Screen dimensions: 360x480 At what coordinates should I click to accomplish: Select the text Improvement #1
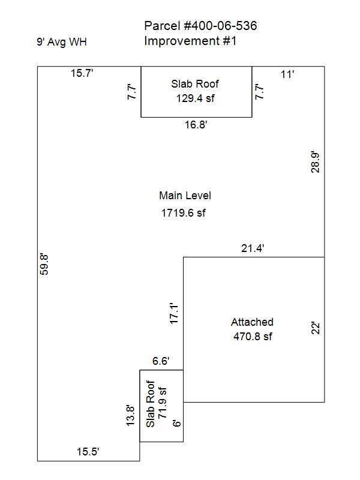tap(190, 41)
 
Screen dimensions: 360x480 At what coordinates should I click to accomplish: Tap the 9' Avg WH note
tap(62, 41)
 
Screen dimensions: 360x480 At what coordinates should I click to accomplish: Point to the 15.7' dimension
tap(82, 73)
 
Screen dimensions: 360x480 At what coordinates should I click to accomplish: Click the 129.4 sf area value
tap(196, 98)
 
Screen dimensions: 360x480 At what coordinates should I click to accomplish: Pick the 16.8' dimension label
tap(196, 125)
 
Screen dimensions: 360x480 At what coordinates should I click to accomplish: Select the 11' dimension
tap(287, 74)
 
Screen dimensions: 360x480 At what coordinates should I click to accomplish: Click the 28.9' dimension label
tap(316, 162)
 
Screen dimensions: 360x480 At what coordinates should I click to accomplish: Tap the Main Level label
tap(185, 196)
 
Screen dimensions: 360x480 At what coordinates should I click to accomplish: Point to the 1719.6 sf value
tap(184, 213)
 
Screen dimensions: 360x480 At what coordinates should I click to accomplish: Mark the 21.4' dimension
tap(253, 248)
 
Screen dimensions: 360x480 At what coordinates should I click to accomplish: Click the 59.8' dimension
tap(44, 265)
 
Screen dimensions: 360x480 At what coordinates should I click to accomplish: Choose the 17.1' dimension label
tap(173, 313)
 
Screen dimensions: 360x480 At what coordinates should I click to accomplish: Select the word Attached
tap(252, 322)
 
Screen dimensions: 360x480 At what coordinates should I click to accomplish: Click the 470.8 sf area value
tap(253, 337)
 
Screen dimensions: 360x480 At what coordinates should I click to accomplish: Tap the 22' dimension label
tap(316, 328)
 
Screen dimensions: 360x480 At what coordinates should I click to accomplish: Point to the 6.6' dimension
tap(161, 361)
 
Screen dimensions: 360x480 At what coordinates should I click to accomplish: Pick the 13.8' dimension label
tap(130, 415)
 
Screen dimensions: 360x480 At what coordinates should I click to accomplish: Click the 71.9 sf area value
tap(163, 403)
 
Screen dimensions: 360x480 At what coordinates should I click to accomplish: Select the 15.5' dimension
tap(88, 452)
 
